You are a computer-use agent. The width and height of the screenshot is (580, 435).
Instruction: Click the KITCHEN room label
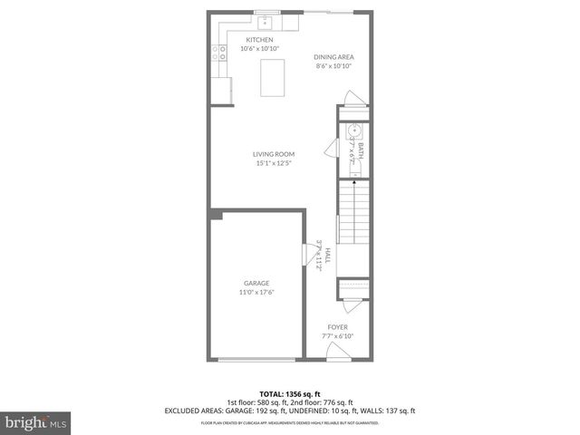[259, 40]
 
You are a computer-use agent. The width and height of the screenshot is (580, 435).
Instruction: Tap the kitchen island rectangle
[272, 77]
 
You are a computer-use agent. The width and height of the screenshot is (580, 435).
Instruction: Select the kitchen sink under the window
[267, 23]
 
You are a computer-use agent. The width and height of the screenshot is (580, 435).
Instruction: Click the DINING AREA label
[333, 57]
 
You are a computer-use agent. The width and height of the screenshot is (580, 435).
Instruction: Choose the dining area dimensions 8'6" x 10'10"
[333, 66]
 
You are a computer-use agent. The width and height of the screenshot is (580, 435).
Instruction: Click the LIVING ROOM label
[273, 154]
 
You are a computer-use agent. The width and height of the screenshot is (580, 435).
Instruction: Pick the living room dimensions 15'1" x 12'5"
[273, 163]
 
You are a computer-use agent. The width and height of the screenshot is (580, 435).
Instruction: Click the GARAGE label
[256, 283]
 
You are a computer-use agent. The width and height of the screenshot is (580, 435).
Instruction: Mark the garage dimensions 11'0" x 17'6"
[256, 292]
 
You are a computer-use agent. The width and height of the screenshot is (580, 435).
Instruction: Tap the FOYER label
[337, 327]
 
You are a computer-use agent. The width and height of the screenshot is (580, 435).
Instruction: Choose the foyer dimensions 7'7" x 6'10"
[337, 336]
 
